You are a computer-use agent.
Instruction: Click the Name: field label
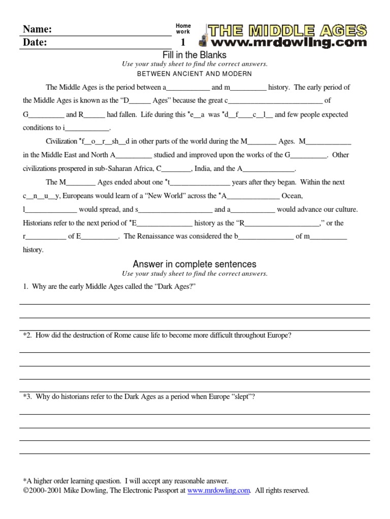(x=37, y=29)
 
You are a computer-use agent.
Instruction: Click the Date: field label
(x=35, y=43)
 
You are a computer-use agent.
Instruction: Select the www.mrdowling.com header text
(x=291, y=42)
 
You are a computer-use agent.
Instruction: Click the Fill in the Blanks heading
(x=194, y=55)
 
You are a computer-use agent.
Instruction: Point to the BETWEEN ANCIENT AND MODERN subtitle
(x=194, y=73)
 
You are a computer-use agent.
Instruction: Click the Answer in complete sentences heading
(x=194, y=264)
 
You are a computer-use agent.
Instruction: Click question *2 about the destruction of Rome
(x=157, y=335)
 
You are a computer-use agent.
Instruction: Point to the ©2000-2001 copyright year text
(x=42, y=491)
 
